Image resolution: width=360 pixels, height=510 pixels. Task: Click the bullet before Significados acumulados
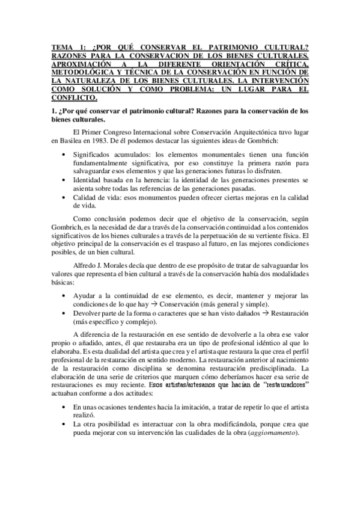pyautogui.click(x=64, y=154)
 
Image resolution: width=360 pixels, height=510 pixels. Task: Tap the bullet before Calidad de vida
pyautogui.click(x=64, y=197)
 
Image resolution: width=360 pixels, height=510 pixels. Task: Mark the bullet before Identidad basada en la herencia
pyautogui.click(x=64, y=180)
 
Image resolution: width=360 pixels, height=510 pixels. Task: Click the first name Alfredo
pyautogui.click(x=85, y=248)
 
